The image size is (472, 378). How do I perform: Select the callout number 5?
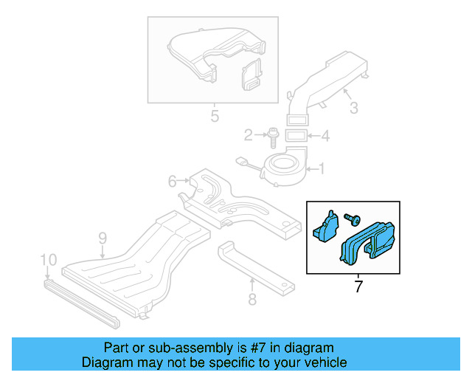click(215, 116)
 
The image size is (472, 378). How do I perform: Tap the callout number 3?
click(353, 109)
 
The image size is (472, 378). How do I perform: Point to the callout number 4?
click(325, 136)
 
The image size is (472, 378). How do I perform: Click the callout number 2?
click(249, 134)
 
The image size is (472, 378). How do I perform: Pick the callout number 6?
click(172, 181)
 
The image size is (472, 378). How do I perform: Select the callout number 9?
click(103, 238)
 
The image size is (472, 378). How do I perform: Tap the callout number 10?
click(49, 259)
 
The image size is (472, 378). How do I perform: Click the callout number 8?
click(251, 300)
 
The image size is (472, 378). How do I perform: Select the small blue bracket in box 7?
click(324, 226)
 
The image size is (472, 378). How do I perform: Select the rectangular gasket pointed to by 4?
click(296, 135)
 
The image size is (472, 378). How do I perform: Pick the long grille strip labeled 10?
click(81, 302)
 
